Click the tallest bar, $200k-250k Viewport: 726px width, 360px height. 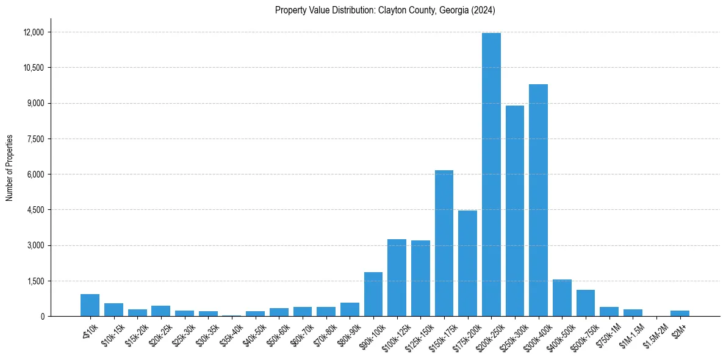491,175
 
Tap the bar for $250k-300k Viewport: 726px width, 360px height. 515,211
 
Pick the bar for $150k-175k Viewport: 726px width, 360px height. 444,243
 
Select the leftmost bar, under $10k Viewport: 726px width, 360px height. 90,305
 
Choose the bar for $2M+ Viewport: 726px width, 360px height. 680,314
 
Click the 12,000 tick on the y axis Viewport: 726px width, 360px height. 34,32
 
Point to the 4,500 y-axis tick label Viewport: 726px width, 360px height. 35,210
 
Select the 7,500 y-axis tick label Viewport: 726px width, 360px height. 35,139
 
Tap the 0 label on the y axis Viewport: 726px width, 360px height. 42,317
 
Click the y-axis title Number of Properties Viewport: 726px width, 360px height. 9,168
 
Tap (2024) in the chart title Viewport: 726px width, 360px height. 482,10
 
